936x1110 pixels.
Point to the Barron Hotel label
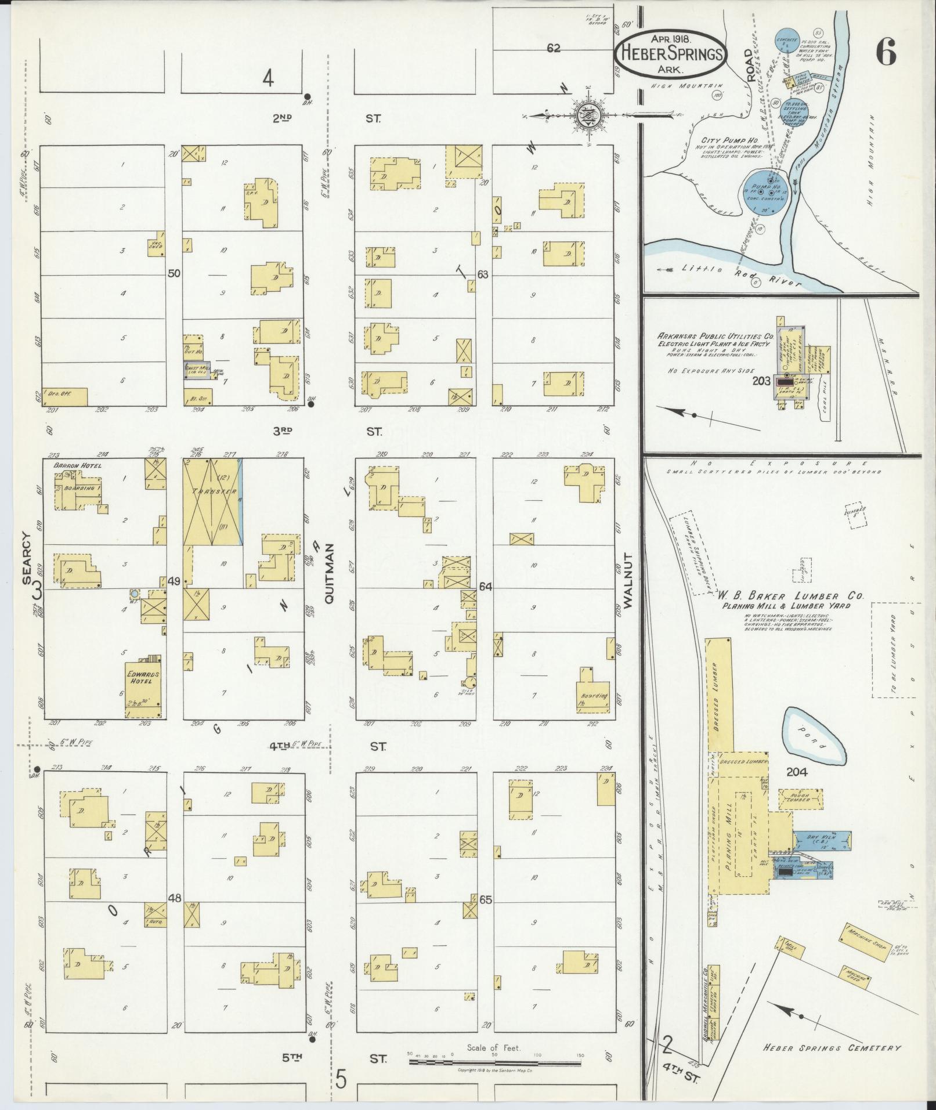77,466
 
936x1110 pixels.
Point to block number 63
483,274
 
